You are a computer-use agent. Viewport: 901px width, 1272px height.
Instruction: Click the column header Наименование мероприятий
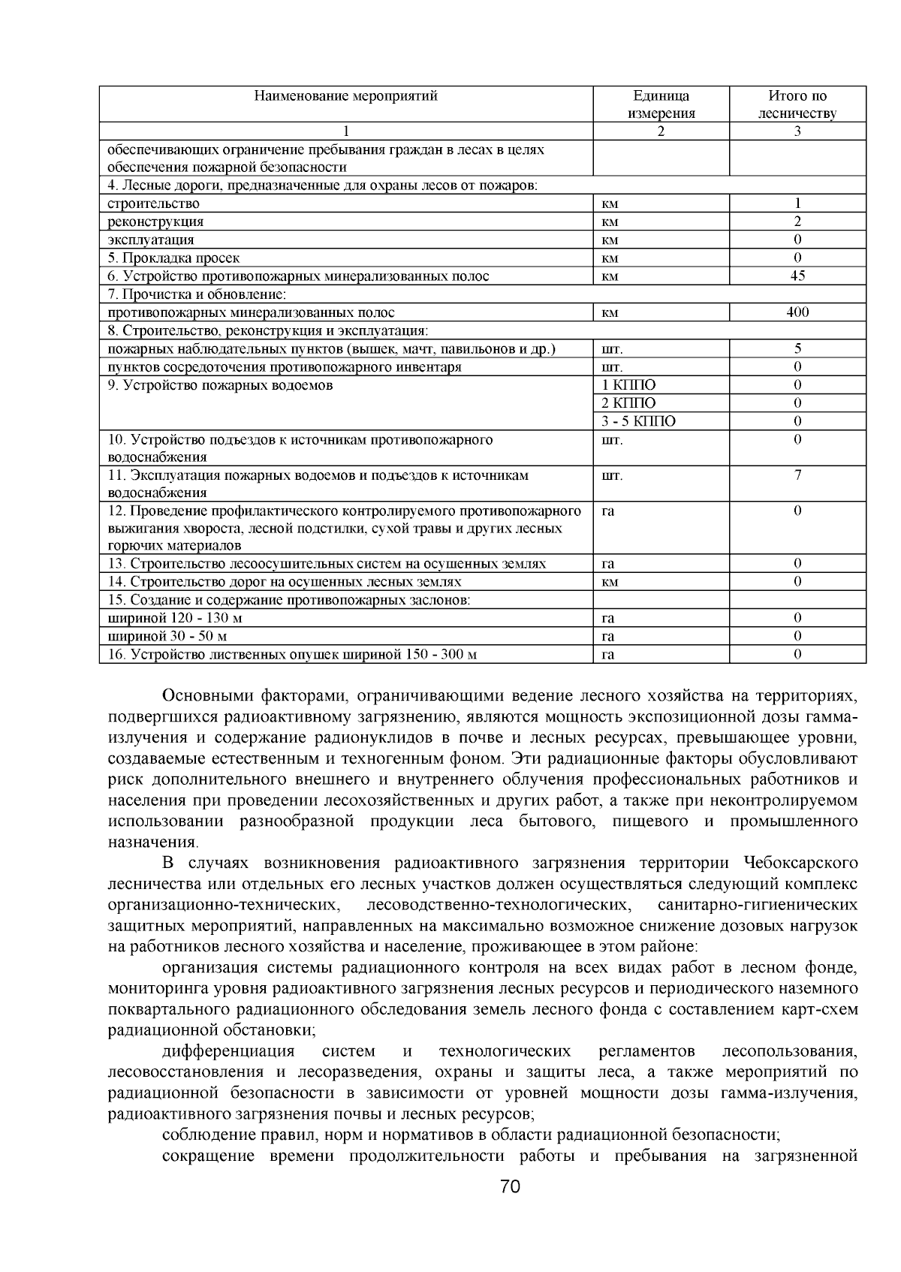click(345, 96)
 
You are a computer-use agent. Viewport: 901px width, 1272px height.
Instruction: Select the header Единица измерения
click(661, 104)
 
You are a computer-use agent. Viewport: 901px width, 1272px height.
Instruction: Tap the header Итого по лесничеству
click(797, 104)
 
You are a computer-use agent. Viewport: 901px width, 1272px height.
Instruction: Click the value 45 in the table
click(797, 276)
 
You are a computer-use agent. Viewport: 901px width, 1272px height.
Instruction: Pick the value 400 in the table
click(797, 312)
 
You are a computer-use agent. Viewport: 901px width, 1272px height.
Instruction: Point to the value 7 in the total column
click(797, 475)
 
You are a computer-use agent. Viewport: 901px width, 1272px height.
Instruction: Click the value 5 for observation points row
click(797, 348)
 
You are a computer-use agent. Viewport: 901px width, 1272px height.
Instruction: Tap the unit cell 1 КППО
click(628, 385)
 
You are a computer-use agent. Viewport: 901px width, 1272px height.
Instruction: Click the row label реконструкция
click(155, 222)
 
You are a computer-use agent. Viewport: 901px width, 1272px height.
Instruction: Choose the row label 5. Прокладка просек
click(173, 258)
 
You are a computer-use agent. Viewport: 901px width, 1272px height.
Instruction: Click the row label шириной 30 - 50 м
click(167, 636)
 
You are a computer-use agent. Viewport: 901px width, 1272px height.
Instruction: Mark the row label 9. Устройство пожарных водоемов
click(220, 385)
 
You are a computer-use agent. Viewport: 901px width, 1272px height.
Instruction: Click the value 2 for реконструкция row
click(797, 222)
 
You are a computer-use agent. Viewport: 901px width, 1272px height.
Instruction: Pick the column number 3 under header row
click(797, 131)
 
